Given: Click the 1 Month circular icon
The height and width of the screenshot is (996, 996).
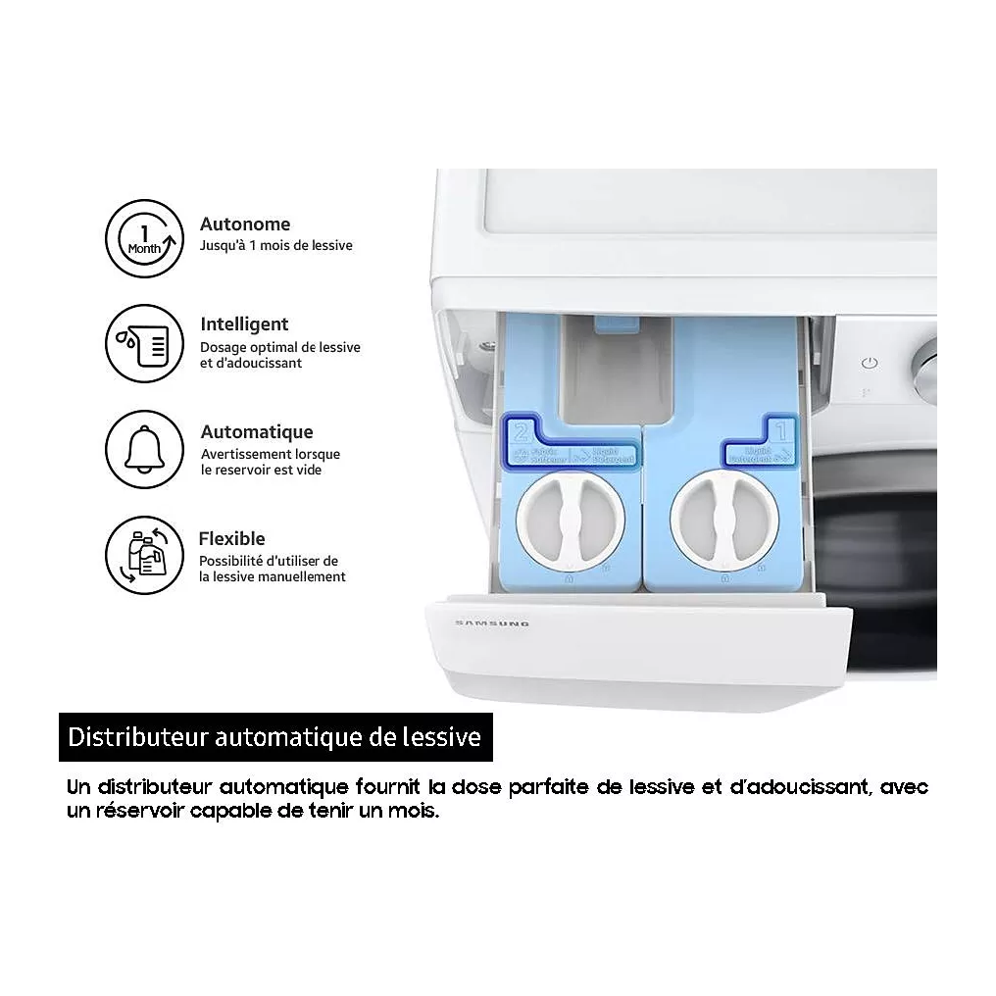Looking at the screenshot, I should pyautogui.click(x=144, y=239).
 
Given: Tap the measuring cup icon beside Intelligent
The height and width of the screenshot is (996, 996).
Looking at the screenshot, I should pyautogui.click(x=144, y=343).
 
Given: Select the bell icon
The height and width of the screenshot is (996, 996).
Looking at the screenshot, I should pyautogui.click(x=144, y=449).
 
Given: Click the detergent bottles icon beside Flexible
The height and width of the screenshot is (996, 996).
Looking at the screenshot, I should pyautogui.click(x=144, y=556).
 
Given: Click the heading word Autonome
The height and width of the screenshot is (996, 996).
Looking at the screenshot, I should pyautogui.click(x=245, y=224).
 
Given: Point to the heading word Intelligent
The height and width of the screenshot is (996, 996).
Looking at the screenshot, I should pyautogui.click(x=244, y=324).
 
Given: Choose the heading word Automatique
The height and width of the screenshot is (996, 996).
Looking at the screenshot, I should pyautogui.click(x=257, y=432).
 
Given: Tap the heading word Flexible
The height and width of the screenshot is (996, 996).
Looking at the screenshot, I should pyautogui.click(x=232, y=539).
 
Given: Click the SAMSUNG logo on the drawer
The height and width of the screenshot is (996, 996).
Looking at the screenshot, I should pyautogui.click(x=492, y=622).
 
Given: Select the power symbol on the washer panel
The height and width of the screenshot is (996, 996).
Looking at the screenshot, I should pyautogui.click(x=868, y=364).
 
